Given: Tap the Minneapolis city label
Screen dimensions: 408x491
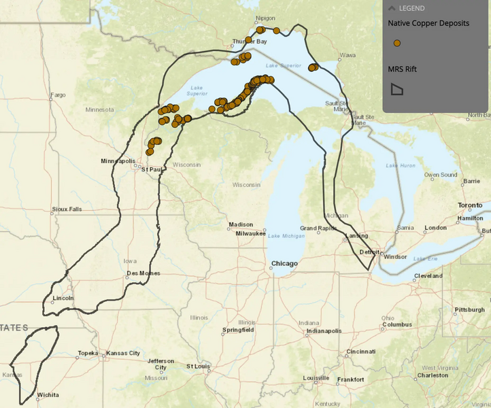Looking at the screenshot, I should [x=118, y=161].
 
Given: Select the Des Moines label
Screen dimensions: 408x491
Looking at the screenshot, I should [x=143, y=273].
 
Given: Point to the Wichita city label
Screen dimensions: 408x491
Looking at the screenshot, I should [x=48, y=395].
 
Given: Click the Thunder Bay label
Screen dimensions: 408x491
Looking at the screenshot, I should [x=250, y=41].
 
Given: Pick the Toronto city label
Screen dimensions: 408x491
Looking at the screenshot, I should [x=469, y=205].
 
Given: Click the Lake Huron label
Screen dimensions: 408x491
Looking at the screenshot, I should [x=401, y=165].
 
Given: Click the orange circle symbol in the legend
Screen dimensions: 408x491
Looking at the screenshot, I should [x=397, y=43].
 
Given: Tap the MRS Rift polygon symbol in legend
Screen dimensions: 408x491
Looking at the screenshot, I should [x=397, y=89].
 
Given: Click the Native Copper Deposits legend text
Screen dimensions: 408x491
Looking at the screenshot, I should [x=428, y=23].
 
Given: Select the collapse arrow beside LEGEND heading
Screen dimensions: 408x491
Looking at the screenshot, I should [x=392, y=8].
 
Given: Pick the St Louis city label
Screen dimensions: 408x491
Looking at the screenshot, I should [x=198, y=366].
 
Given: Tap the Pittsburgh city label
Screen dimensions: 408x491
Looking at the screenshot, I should [x=469, y=309].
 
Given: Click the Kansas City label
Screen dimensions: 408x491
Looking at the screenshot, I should [x=123, y=354].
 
